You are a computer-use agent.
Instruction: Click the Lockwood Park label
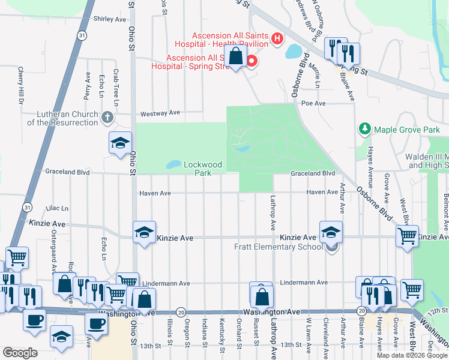pyautogui.click(x=203, y=168)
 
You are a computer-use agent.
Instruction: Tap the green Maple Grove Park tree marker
pyautogui.click(x=364, y=129)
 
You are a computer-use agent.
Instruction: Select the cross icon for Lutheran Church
pyautogui.click(x=107, y=117)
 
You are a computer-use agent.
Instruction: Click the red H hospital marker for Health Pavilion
pyautogui.click(x=277, y=39)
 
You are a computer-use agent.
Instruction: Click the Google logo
pyautogui.click(x=20, y=353)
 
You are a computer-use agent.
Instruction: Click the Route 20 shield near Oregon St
pyautogui.click(x=181, y=312)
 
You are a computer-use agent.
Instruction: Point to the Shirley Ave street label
pyautogui.click(x=109, y=19)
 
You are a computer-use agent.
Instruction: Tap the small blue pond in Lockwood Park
pyautogui.click(x=173, y=164)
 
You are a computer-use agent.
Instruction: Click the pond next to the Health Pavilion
pyautogui.click(x=294, y=52)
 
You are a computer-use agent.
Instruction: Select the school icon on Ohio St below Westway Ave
pyautogui.click(x=120, y=144)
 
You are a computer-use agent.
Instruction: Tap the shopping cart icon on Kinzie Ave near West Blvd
pyautogui.click(x=408, y=235)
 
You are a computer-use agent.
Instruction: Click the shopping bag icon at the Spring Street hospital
pyautogui.click(x=237, y=58)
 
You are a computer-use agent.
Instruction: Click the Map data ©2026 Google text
pyautogui.click(x=412, y=355)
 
